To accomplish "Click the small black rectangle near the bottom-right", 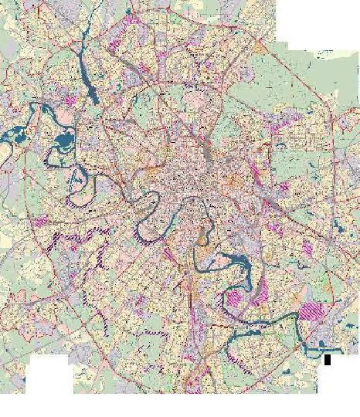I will click(x=328, y=359).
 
